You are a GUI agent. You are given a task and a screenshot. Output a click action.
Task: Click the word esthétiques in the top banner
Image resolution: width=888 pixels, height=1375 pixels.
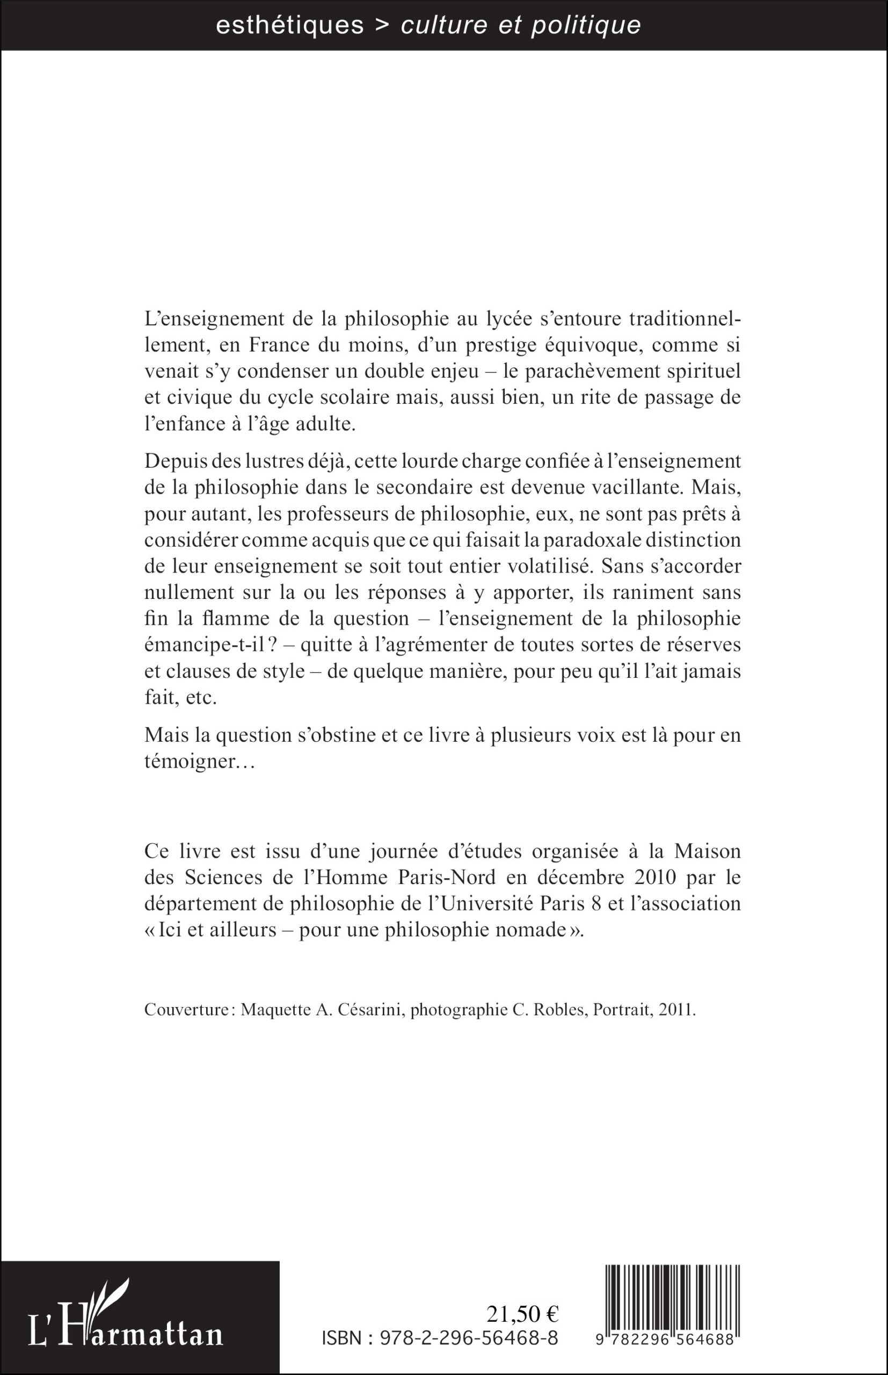tap(289, 25)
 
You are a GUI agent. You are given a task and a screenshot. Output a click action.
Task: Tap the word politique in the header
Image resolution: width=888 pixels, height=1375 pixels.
tap(586, 25)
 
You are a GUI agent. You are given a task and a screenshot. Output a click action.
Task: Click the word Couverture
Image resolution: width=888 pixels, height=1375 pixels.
tap(186, 1010)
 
